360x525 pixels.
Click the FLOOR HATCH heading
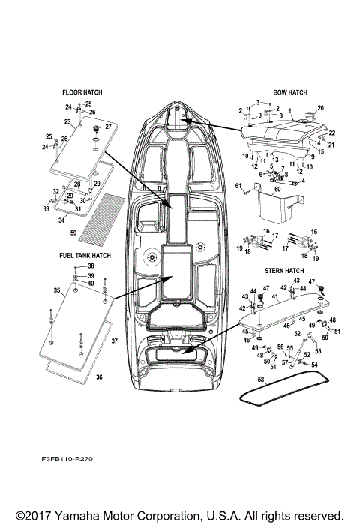pyautogui.click(x=82, y=92)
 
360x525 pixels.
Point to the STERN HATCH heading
pyautogui.click(x=284, y=270)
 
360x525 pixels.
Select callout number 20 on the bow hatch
pyautogui.click(x=321, y=108)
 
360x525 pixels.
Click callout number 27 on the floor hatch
pyautogui.click(x=108, y=126)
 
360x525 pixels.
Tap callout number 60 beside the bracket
pyautogui.click(x=277, y=191)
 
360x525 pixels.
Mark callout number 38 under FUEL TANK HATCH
pyautogui.click(x=91, y=267)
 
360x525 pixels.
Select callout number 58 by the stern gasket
pyautogui.click(x=261, y=380)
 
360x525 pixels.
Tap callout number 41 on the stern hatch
pyautogui.click(x=274, y=297)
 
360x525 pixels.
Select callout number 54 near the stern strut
pyautogui.click(x=315, y=364)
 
